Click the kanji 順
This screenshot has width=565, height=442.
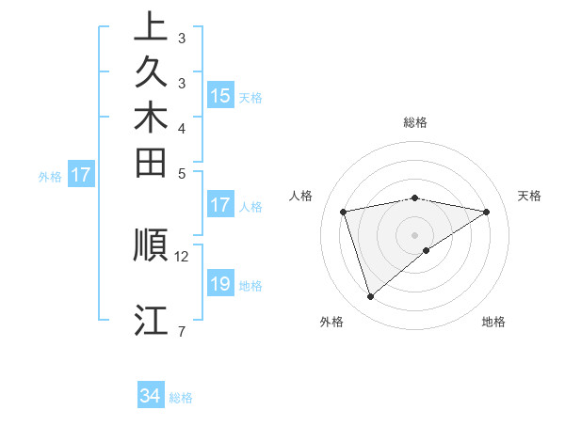point(152,244)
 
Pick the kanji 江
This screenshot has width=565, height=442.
point(152,320)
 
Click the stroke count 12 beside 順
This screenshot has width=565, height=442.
point(182,256)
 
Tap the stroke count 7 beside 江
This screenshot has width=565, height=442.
point(181,331)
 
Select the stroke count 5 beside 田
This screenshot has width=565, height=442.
point(181,173)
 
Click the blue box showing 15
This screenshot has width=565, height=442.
point(220,96)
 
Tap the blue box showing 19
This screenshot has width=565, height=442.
point(220,284)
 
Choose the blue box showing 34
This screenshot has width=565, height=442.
point(150,396)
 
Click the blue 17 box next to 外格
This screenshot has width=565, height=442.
point(81,174)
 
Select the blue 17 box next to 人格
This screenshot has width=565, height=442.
point(220,206)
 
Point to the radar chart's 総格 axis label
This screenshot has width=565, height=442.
point(415,122)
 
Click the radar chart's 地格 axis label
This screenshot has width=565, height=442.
point(493,323)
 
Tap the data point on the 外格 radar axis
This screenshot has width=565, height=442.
point(370,297)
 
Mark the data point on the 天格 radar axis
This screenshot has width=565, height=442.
point(487,212)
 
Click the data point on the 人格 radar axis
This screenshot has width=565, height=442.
point(344,212)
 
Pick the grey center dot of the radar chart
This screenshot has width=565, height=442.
point(415,235)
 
